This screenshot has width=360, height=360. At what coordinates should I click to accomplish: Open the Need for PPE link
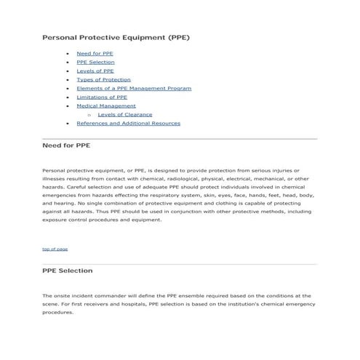coord(95,54)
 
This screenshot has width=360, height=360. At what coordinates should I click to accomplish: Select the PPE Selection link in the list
coord(95,63)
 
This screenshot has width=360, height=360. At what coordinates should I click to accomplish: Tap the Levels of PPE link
coord(95,71)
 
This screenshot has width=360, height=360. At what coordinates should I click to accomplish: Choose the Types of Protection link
coord(103,80)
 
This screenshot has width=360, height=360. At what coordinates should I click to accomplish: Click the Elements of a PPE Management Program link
coord(134,88)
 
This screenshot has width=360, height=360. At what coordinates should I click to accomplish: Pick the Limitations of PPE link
coord(102,97)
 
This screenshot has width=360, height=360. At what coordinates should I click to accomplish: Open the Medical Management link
coord(105,105)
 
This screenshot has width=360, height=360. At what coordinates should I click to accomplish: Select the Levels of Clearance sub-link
coord(124,114)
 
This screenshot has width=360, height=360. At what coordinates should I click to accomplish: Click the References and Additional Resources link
coord(128,123)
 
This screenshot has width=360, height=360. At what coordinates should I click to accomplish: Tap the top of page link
coord(55,249)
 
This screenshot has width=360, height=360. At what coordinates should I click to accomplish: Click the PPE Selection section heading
coord(68,271)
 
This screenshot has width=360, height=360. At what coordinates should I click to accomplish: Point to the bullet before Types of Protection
coord(67,80)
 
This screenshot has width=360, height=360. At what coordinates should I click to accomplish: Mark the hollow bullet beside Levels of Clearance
coord(89,114)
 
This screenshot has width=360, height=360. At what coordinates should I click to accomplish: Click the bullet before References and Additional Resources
coord(67,123)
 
